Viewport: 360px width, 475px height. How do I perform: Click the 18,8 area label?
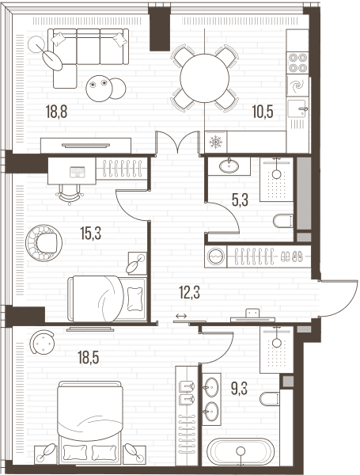point(56,111)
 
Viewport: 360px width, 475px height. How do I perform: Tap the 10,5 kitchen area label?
point(263,112)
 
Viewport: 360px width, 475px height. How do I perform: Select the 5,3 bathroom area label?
point(240,200)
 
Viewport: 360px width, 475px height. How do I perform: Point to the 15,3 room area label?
point(91,234)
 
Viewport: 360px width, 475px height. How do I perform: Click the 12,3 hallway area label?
point(190,293)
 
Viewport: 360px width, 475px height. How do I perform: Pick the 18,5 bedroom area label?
point(89,358)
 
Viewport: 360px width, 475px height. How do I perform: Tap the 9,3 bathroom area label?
point(239,389)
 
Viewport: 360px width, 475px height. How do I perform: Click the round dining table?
point(205,78)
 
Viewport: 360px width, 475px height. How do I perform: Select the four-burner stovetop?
point(297,63)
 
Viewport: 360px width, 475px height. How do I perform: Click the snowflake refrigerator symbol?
point(216,142)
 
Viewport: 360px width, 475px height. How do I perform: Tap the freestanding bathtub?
point(241,452)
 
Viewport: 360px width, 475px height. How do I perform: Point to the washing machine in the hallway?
point(215,256)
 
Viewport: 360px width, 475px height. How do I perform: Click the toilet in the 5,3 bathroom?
point(283,221)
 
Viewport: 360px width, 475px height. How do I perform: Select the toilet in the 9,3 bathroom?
point(270,399)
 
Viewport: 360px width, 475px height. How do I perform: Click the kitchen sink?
point(297,108)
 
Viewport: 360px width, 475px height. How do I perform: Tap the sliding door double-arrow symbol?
point(180,316)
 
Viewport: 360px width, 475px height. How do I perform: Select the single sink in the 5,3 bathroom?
point(229,165)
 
